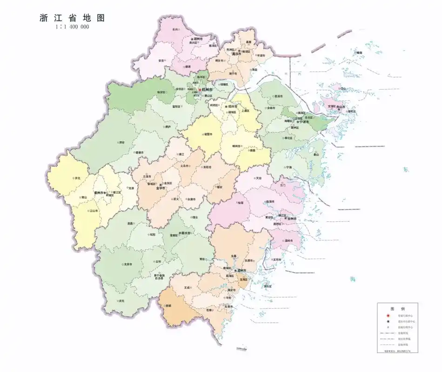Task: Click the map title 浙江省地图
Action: coord(72,18)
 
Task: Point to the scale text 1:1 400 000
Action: coord(72,27)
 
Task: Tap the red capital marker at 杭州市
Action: coord(200,89)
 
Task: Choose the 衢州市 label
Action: coord(99,192)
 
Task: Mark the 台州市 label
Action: coord(292,218)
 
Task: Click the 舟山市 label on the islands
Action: coord(342,107)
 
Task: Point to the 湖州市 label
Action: coord(200,39)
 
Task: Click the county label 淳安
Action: coord(121,142)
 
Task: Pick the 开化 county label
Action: coord(77,178)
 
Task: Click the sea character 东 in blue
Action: coord(406,170)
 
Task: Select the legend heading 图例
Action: coord(397,309)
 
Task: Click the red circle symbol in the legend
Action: coord(387,315)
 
